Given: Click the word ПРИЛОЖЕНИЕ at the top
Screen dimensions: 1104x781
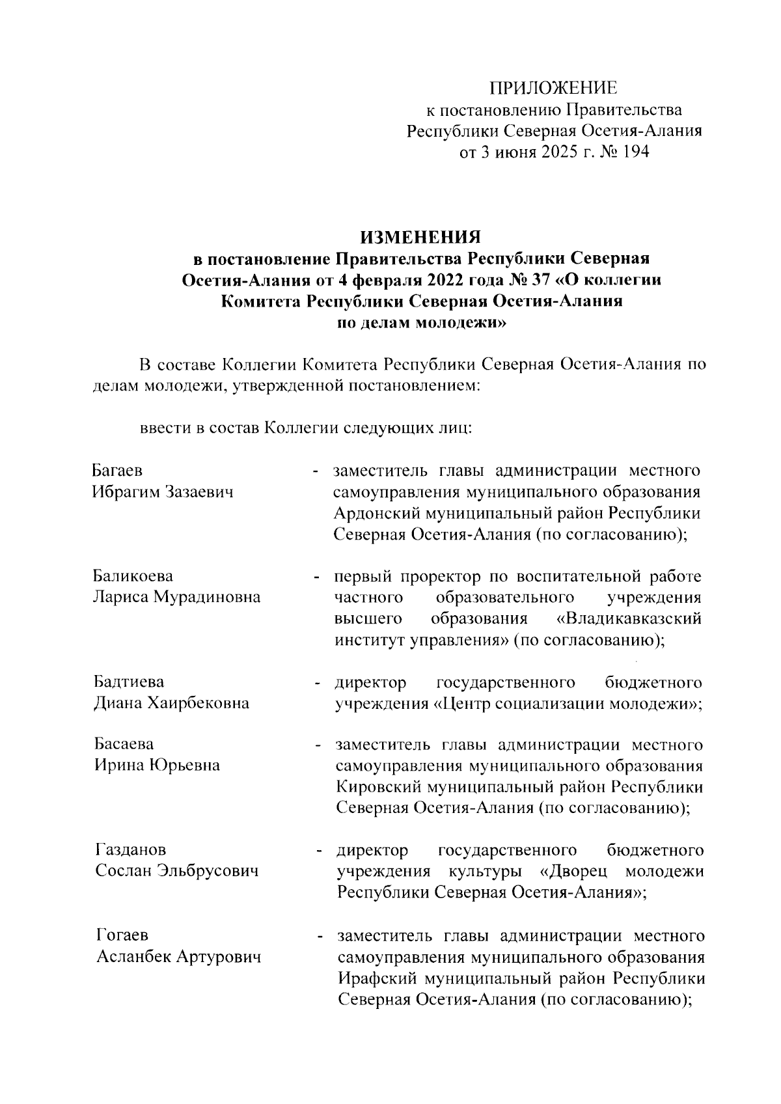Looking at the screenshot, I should pyautogui.click(x=553, y=88).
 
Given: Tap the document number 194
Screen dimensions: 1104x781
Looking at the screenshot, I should pyautogui.click(x=635, y=152).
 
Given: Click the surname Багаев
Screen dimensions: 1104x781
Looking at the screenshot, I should pyautogui.click(x=118, y=470).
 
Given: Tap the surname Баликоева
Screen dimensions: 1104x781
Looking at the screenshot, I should pyautogui.click(x=133, y=576).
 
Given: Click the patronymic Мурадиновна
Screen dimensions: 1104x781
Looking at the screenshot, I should pyautogui.click(x=206, y=597).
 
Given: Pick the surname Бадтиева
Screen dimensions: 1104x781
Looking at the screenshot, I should pyautogui.click(x=129, y=682).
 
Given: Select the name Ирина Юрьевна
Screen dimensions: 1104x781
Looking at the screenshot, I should pyautogui.click(x=158, y=765).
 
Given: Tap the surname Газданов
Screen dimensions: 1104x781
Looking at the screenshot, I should pyautogui.click(x=131, y=849).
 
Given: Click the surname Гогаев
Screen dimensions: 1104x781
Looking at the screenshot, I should pyautogui.click(x=122, y=935).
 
